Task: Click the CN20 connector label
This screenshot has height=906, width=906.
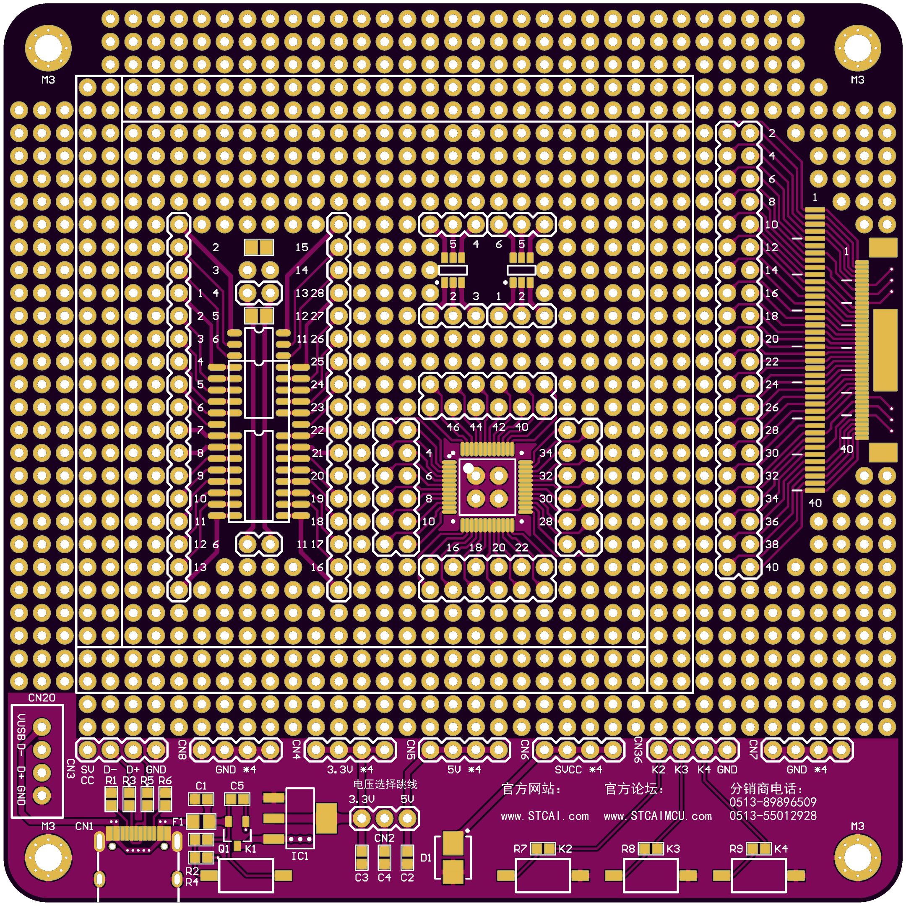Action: point(42,698)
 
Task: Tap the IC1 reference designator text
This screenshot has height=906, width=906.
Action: point(300,856)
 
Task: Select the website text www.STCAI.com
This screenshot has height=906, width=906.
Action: point(545,816)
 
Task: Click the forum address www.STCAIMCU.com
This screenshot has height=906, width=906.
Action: point(658,816)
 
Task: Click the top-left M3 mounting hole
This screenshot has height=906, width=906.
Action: point(48,48)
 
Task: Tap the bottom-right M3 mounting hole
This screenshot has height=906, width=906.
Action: point(858,858)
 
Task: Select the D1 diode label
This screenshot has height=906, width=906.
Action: point(426,858)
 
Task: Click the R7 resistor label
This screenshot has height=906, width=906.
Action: point(521,849)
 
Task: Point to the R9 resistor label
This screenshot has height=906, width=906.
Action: point(736,849)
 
